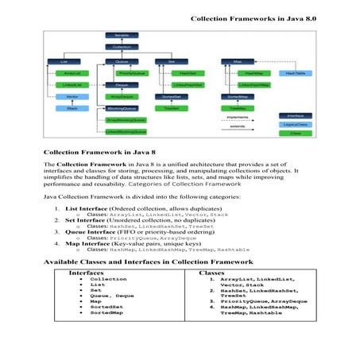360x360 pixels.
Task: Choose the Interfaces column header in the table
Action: [87, 272]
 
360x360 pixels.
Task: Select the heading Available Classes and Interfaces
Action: [148, 261]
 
